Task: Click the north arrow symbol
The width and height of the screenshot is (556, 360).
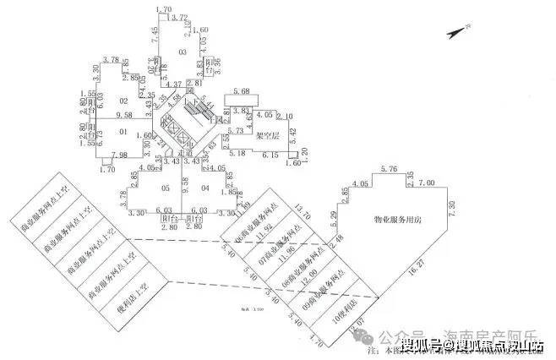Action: (456, 31)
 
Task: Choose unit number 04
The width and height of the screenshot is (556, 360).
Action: (205, 188)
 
